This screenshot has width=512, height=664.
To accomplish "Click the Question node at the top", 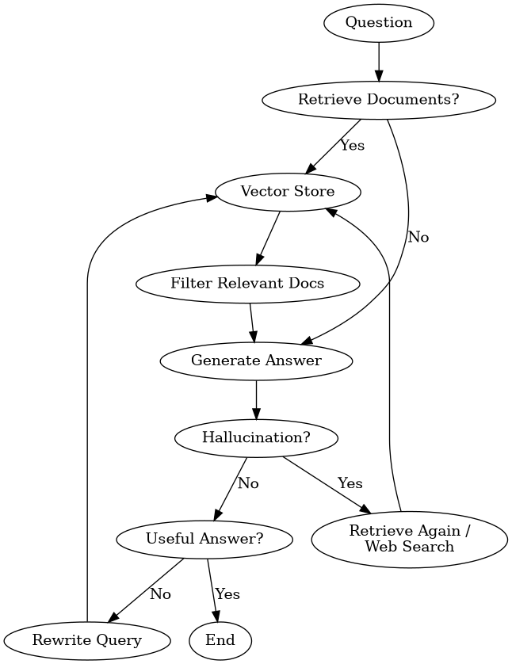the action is (x=379, y=23).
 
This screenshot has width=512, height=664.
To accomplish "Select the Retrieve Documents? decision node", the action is (x=379, y=100).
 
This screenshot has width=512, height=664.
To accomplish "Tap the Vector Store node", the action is (x=288, y=192).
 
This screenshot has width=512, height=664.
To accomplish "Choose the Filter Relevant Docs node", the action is (x=248, y=284).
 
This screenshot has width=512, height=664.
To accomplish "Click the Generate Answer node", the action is (x=256, y=361).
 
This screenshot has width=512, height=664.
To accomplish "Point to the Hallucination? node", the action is (x=256, y=438).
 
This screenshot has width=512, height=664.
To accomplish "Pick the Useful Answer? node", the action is (x=204, y=540).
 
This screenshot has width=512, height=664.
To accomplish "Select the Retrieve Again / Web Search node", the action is (x=410, y=539).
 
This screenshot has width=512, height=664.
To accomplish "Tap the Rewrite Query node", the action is (x=87, y=641).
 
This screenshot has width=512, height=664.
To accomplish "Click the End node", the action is (x=220, y=641).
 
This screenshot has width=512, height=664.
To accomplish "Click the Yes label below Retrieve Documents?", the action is (x=353, y=145).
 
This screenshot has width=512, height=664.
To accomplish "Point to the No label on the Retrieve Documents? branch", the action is (x=418, y=238).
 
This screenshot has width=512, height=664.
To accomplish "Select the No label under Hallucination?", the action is (x=248, y=483).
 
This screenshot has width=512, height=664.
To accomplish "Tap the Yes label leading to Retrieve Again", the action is (x=350, y=483).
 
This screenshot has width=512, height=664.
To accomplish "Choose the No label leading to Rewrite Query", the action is (x=161, y=594).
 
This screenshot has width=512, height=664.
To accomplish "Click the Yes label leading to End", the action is (x=227, y=594).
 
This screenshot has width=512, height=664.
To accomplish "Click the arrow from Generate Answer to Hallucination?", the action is (x=256, y=400).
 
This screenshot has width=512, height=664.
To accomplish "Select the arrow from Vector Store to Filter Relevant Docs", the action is (x=268, y=238).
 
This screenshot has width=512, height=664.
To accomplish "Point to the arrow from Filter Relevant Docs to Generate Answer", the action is (x=252, y=322).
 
